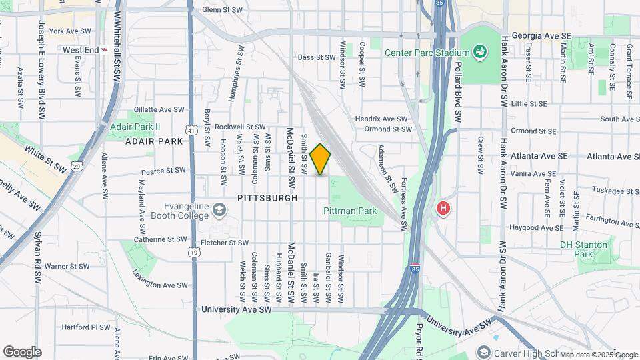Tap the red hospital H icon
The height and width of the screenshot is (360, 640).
[x=442, y=209]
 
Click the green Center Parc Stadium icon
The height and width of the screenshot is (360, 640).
[x=479, y=51]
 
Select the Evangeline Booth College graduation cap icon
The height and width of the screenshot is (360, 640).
[x=219, y=211]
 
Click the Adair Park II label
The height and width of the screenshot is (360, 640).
[x=136, y=126]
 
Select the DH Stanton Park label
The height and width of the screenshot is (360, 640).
[x=584, y=249]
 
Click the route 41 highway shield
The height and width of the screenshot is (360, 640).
[x=192, y=131]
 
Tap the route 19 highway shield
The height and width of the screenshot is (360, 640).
[x=193, y=251]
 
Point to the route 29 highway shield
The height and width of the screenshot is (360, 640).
[x=77, y=166]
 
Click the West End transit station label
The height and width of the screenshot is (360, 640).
[x=81, y=49]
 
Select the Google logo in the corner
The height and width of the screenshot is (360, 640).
[x=22, y=351]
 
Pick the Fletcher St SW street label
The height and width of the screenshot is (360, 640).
[x=224, y=243]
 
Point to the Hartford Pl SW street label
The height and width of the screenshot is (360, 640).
[x=85, y=327]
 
